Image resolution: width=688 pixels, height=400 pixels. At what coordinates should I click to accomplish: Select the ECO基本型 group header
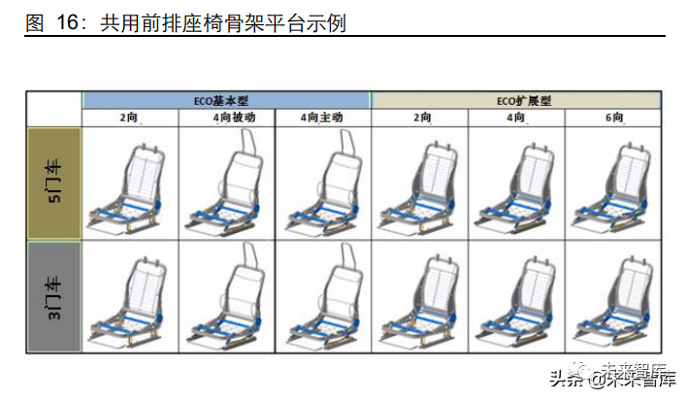coord(225,100)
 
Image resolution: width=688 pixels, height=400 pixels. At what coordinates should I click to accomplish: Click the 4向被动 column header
coord(226,117)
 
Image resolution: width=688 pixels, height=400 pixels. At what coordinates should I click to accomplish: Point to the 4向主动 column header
coord(322,117)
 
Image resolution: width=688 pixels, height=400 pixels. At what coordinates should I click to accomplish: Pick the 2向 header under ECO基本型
coord(130,117)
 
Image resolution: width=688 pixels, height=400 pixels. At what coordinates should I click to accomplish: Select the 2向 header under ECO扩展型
coord(419,117)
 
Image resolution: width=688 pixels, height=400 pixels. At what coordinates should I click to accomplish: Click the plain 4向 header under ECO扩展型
coord(515,117)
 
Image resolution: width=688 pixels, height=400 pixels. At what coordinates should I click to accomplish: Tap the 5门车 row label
coord(54,183)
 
